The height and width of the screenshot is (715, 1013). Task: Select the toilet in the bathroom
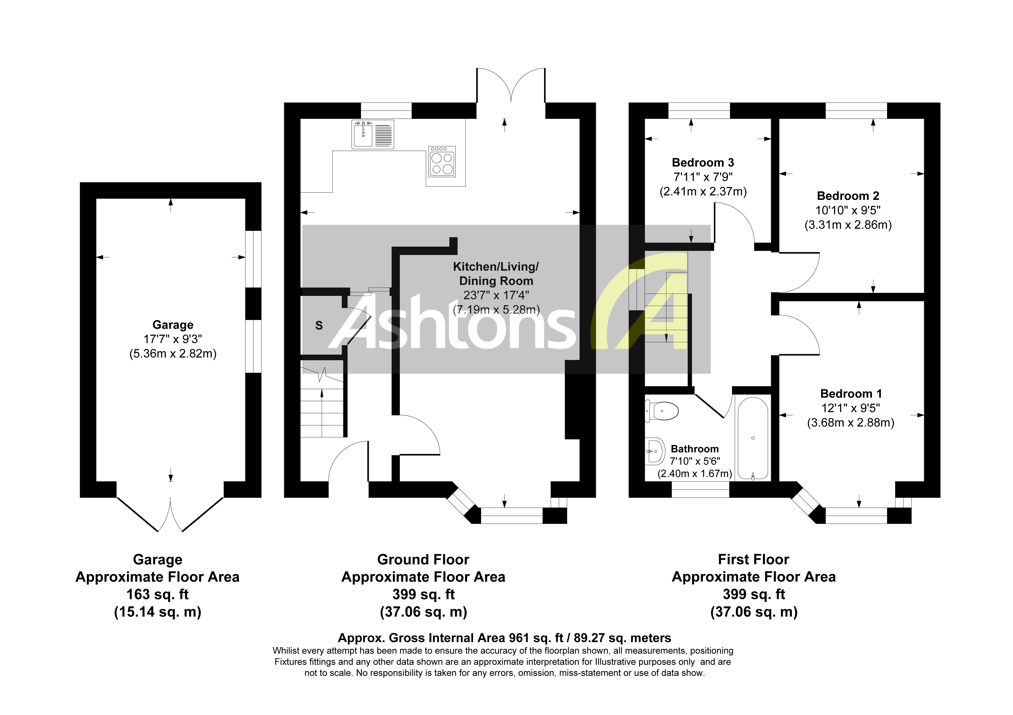tap(663, 411)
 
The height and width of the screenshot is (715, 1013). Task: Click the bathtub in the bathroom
tap(753, 439)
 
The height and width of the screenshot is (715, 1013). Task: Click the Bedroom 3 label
tap(703, 163)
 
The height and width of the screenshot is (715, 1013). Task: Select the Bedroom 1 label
tap(851, 394)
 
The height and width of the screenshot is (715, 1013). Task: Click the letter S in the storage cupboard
tap(319, 326)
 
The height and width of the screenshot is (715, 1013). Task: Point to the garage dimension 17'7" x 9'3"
tap(173, 339)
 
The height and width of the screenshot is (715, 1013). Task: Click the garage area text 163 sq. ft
tap(157, 594)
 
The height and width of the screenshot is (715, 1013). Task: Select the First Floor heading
tap(753, 559)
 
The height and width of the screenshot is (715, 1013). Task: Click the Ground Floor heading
tap(423, 559)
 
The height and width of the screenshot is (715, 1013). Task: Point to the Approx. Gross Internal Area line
tap(504, 638)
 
